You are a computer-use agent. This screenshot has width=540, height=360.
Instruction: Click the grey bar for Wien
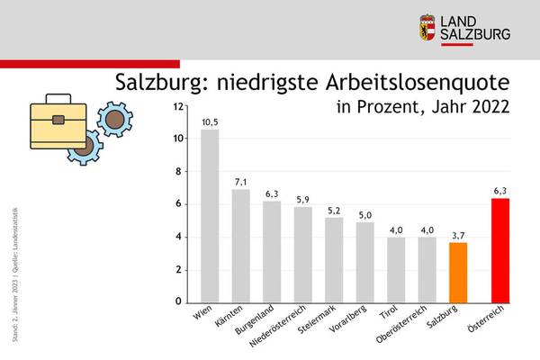(209, 216)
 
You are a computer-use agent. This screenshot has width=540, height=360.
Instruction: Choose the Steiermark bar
(334, 260)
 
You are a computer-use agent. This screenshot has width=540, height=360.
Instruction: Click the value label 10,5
(209, 121)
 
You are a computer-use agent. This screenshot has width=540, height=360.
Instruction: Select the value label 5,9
(302, 199)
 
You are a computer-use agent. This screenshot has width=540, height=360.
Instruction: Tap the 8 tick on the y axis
(182, 171)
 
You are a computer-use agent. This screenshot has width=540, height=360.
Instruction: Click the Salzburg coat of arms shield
(429, 26)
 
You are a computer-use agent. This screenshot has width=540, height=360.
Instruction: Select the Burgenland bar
(272, 252)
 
